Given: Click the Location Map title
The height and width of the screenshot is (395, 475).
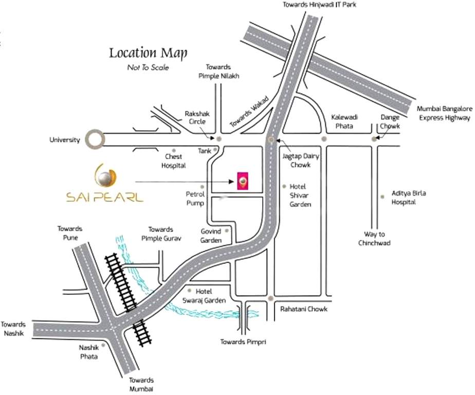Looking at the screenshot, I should click(148, 53).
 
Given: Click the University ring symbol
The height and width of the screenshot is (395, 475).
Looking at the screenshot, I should click(95, 139).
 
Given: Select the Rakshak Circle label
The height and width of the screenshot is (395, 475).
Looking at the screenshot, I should click(197, 117).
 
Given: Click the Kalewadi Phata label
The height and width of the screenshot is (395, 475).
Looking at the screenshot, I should click(344, 121).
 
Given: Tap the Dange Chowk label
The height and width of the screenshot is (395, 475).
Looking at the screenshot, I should click(390, 121).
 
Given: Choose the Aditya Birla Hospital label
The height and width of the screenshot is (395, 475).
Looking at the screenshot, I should click(409, 197).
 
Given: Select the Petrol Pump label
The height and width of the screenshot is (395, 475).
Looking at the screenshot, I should click(195, 199).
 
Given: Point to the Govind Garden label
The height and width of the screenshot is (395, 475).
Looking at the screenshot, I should click(211, 236).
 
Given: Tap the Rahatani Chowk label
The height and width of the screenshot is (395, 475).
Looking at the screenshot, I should click(304, 309).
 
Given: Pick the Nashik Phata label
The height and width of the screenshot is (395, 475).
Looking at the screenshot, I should click(88, 352).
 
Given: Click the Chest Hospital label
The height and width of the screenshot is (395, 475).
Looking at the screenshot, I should click(173, 161).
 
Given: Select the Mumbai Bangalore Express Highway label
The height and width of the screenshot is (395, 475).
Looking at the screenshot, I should click(444, 113).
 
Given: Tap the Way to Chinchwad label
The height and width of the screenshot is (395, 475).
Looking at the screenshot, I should click(374, 239).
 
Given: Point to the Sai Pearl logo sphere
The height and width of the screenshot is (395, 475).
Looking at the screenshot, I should click(105, 177).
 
